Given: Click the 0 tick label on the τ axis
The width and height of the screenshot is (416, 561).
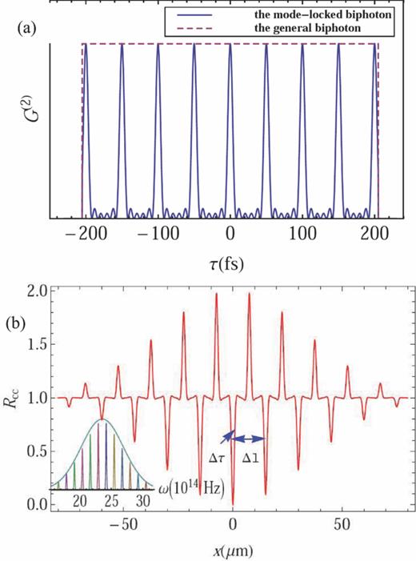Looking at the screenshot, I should coord(230,232).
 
